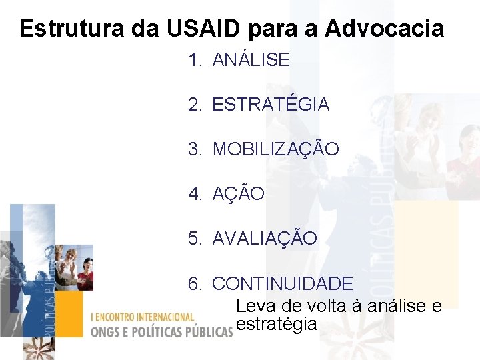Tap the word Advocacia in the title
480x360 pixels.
(x=384, y=29)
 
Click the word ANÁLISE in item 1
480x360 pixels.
(x=251, y=60)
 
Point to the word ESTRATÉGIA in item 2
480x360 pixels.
(x=271, y=105)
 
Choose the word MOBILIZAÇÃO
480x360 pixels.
(x=275, y=149)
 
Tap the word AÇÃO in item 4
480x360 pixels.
(x=238, y=194)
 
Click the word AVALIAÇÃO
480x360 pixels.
(x=265, y=238)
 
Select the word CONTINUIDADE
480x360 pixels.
(x=283, y=283)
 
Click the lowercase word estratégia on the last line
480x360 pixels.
(x=276, y=325)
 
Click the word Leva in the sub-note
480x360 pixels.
(x=254, y=306)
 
